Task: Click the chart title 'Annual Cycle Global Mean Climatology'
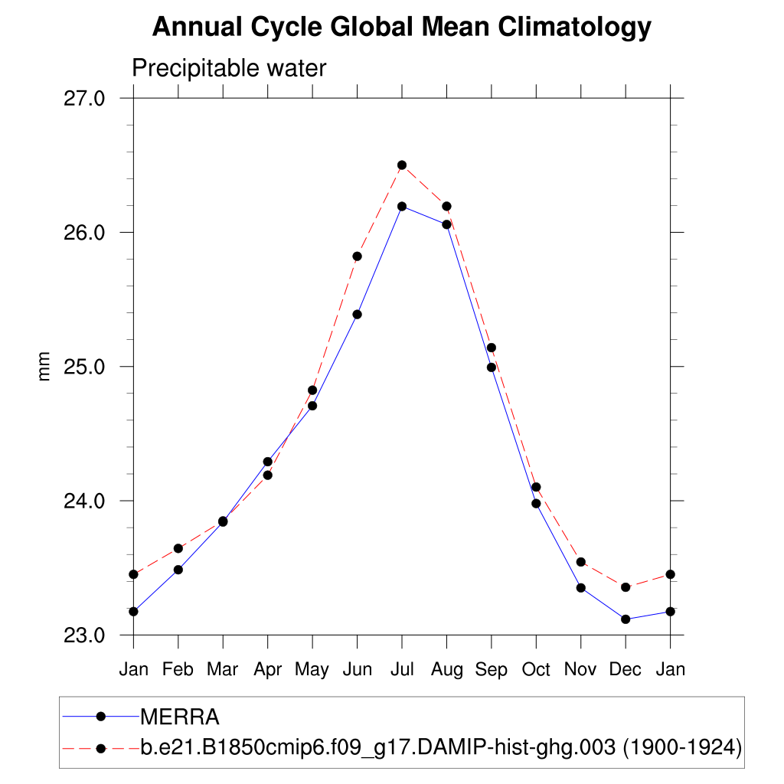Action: [x=401, y=28]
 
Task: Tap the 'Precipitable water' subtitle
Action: [x=229, y=69]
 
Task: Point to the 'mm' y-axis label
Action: [x=44, y=367]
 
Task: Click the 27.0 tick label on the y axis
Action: [x=83, y=99]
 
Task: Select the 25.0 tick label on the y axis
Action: [x=83, y=367]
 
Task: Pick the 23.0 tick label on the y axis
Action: [x=83, y=635]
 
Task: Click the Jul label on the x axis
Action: [x=402, y=670]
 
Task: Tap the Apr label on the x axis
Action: [x=268, y=670]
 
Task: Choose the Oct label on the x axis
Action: [x=536, y=670]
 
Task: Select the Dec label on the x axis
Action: [x=626, y=670]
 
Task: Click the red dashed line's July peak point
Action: [x=402, y=165]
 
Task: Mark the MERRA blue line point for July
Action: [x=402, y=206]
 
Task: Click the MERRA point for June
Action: [x=357, y=314]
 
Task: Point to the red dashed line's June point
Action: [x=357, y=256]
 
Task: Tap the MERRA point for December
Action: [x=626, y=619]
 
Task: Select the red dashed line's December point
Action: [x=626, y=587]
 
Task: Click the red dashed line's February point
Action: [x=178, y=548]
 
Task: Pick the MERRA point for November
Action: [x=581, y=588]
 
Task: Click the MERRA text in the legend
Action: [x=180, y=717]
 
